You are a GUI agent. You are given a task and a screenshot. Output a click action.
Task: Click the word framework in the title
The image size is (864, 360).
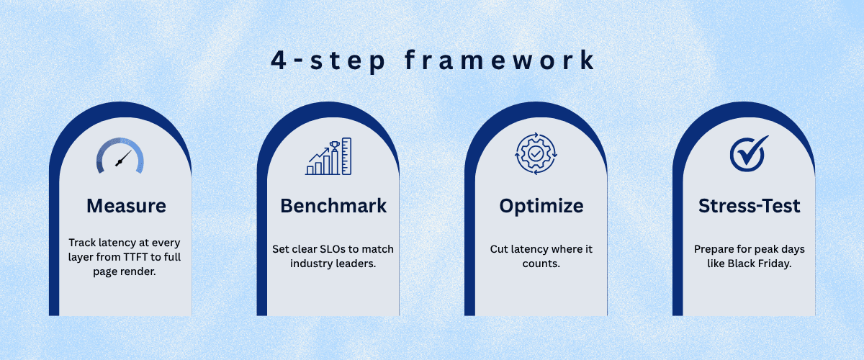tap(500, 60)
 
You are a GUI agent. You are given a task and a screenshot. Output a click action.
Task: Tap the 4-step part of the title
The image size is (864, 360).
tap(328, 61)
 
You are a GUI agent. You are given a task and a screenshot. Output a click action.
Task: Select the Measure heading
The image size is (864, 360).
tap(126, 206)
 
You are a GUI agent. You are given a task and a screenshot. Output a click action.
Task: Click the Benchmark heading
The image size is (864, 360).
tap(333, 206)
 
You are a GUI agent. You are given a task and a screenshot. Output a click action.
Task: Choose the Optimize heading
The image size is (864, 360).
tap(541, 207)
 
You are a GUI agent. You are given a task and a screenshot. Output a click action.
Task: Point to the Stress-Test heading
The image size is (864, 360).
tap(749, 206)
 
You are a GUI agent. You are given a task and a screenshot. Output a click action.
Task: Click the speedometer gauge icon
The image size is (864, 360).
tap(120, 156)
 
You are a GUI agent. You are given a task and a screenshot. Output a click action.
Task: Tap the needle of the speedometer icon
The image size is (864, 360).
tap(123, 158)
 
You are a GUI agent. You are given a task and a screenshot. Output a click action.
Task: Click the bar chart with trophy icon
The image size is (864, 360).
tap(328, 156)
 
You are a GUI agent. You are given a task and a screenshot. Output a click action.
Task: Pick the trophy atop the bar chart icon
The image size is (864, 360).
tap(334, 145)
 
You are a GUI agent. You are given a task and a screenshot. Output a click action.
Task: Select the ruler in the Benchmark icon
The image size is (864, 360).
tap(346, 156)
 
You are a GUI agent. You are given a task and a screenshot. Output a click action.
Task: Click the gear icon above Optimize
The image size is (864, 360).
tap(536, 154)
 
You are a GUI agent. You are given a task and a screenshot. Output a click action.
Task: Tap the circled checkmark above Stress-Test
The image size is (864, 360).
tap(749, 153)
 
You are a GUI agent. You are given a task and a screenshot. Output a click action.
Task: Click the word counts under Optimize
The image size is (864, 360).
tap(541, 264)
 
